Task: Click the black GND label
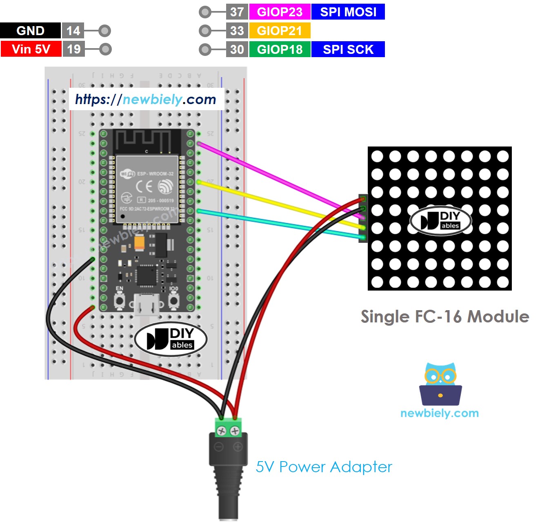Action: [x=30, y=31]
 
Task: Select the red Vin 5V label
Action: [x=31, y=49]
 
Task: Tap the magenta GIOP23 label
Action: [x=280, y=12]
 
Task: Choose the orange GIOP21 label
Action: [x=280, y=31]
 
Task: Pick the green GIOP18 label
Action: [x=280, y=49]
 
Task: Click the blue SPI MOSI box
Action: [x=348, y=12]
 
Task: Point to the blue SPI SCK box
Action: [x=348, y=49]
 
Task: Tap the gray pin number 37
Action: [x=237, y=12]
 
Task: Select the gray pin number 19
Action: [x=73, y=49]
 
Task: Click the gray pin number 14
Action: [x=73, y=31]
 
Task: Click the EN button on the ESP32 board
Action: [x=120, y=301]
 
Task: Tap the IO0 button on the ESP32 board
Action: [x=174, y=301]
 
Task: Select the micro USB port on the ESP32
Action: [x=147, y=304]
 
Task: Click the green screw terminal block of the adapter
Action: [x=228, y=428]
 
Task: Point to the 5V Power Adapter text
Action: [x=324, y=467]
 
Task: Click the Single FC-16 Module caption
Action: [x=444, y=317]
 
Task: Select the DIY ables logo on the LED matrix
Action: [x=441, y=221]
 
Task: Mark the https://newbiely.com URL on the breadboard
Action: [x=146, y=99]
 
